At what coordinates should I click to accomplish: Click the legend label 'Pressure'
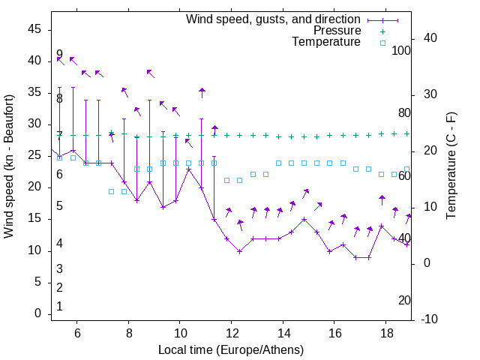point(337,31)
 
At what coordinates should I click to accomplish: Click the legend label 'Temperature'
point(326,42)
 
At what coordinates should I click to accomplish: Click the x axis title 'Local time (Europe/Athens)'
point(231,349)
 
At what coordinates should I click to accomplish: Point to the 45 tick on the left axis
point(34,28)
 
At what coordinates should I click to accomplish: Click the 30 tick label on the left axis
point(34,124)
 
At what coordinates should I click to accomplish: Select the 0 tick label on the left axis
point(37,314)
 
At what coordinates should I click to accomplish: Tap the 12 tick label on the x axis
point(232,332)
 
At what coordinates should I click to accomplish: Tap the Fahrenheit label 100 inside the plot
point(402,50)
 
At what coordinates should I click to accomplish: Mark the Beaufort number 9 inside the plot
point(59,55)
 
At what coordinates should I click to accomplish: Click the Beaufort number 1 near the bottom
point(59,307)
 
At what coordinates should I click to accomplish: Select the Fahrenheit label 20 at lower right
point(404,300)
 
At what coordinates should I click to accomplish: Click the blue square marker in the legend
point(382,43)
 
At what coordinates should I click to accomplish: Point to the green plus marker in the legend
point(382,31)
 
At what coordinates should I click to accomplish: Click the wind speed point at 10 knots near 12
point(240,251)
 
